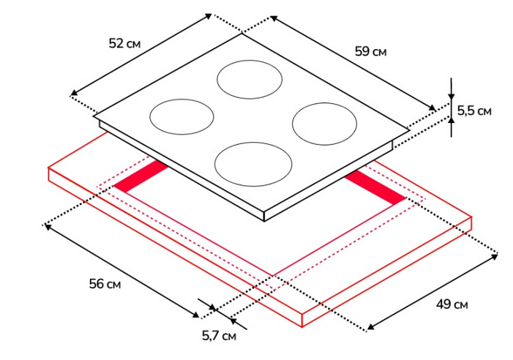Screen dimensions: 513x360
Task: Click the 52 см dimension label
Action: [x=124, y=43]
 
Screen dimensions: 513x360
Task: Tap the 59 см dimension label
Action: [x=371, y=51]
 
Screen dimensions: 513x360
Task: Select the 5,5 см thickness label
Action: [x=474, y=110]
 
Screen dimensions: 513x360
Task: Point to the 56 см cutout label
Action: [x=105, y=283]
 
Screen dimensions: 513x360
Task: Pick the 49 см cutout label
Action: [x=452, y=304]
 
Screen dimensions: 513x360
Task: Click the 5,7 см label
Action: [x=219, y=335]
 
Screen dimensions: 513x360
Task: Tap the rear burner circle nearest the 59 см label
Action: [x=250, y=80]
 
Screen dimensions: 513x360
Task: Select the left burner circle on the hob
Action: [x=182, y=117]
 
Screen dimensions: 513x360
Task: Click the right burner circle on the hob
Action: [x=324, y=124]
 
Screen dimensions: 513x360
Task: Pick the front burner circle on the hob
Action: [x=253, y=164]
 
